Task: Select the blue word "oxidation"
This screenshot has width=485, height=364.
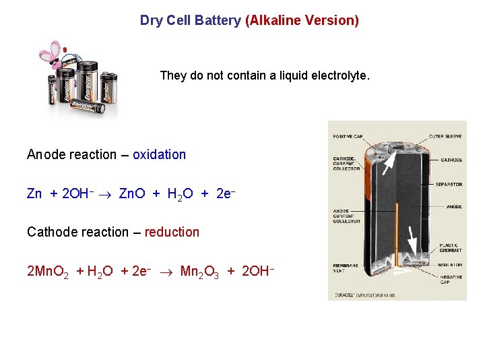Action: [x=159, y=154]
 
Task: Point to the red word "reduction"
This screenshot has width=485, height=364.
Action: [x=172, y=232]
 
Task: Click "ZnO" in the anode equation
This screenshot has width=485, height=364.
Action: [x=133, y=194]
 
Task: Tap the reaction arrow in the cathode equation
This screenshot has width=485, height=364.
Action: [x=168, y=272]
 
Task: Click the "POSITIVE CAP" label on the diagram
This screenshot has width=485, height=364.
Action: [x=348, y=137]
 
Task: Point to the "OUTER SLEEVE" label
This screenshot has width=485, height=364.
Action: [x=445, y=137]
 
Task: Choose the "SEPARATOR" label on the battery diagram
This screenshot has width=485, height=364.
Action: [x=449, y=184]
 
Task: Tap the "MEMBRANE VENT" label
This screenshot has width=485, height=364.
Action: [x=344, y=268]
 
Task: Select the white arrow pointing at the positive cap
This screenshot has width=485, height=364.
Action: [x=390, y=162]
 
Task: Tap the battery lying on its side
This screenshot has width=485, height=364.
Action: [x=86, y=105]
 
